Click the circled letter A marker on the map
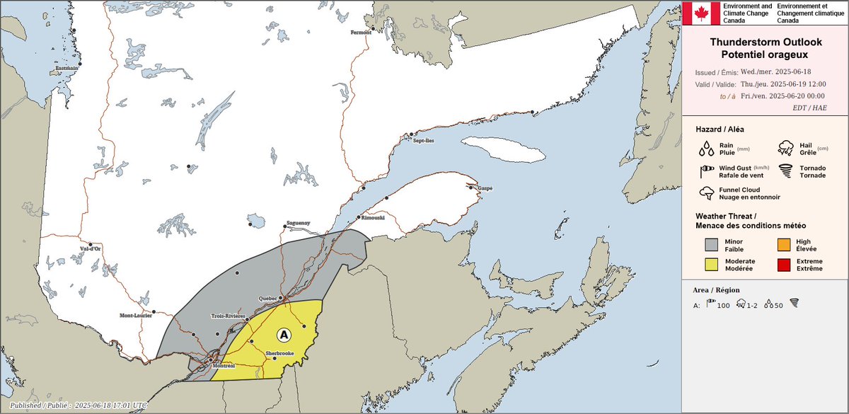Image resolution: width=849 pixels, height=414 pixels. click(x=284, y=333)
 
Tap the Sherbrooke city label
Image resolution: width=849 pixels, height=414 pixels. click(x=279, y=352)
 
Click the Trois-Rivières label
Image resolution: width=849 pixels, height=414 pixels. click(x=228, y=316)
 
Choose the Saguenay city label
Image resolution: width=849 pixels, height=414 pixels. click(x=299, y=223)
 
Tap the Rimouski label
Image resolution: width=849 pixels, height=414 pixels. click(x=373, y=218)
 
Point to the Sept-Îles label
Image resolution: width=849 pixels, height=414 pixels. click(x=424, y=141)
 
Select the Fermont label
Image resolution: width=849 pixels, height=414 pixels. click(x=362, y=33)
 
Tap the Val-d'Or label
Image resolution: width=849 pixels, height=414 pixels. click(x=91, y=248)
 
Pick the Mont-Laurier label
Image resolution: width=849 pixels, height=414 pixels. click(x=135, y=316)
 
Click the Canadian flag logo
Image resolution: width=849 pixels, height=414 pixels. click(x=700, y=13)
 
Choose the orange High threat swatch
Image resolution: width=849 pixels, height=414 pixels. click(x=784, y=245)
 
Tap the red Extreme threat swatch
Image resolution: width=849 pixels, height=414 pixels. click(x=784, y=265)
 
